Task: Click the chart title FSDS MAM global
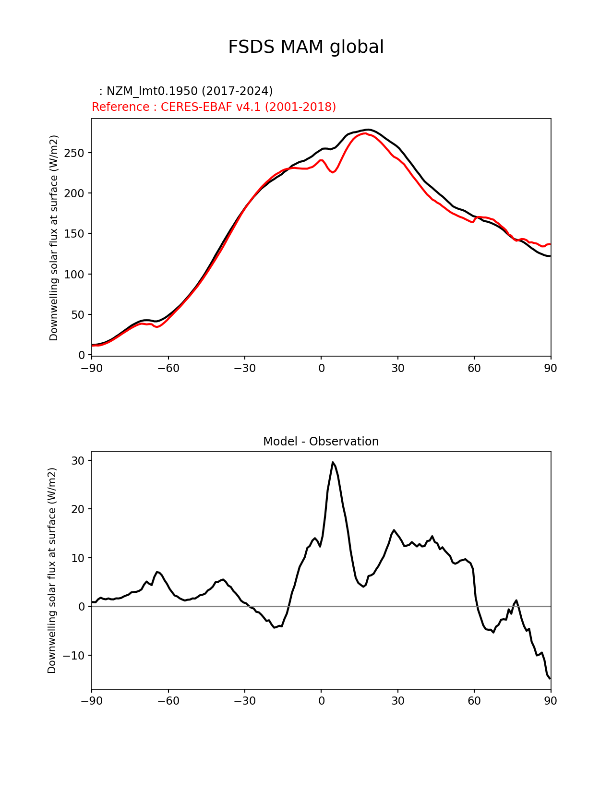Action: (306, 48)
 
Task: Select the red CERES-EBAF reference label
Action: (214, 107)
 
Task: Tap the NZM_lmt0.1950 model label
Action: (186, 91)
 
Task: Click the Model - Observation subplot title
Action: (321, 442)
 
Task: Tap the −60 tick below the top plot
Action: (168, 368)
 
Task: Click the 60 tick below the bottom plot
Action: (474, 701)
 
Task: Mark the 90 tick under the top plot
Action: (551, 368)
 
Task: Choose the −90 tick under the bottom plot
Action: (92, 701)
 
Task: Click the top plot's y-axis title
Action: (54, 238)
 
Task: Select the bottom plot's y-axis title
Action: (52, 570)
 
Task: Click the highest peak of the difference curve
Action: (333, 462)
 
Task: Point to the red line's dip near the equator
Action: (334, 172)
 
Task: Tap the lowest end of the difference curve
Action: (550, 678)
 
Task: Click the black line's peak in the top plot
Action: (368, 130)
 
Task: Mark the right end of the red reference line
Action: (550, 244)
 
